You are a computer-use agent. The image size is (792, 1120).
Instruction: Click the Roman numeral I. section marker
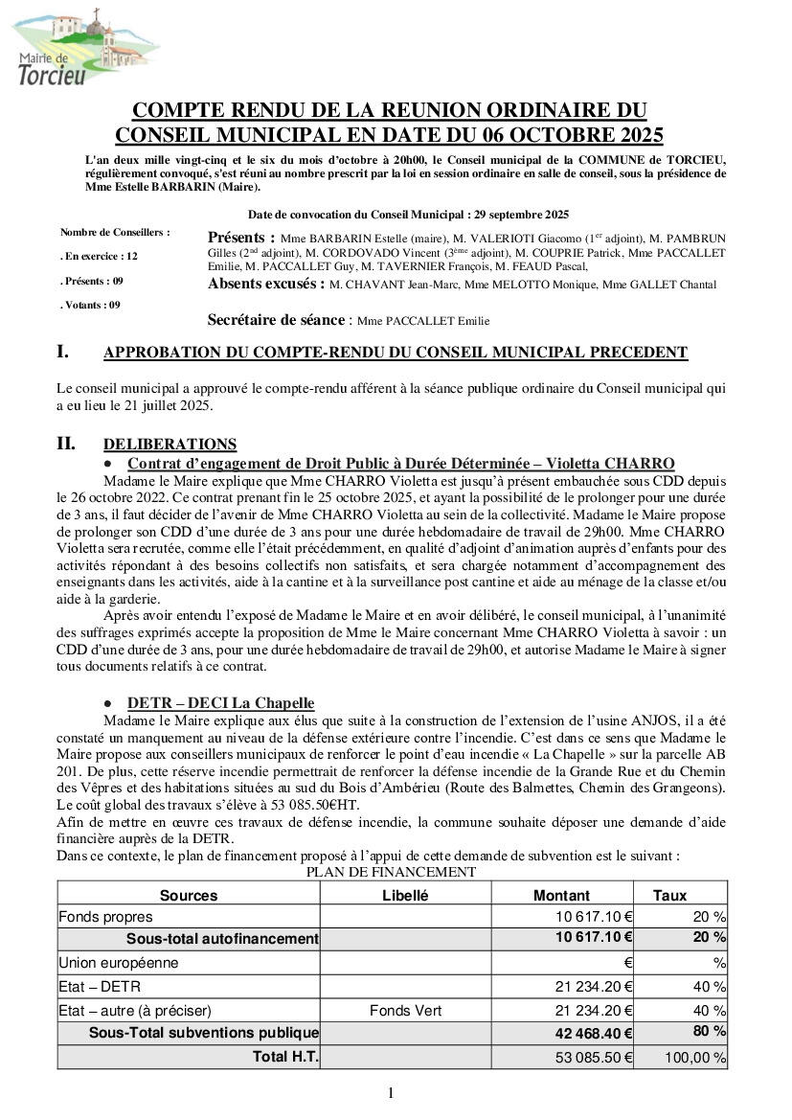pos(64,352)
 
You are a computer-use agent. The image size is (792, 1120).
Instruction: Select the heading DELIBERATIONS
pos(170,444)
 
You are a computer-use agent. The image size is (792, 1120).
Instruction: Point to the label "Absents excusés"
pos(262,285)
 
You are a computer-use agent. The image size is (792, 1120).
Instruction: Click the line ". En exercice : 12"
pos(100,257)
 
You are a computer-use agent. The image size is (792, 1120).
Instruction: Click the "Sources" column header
pos(189,895)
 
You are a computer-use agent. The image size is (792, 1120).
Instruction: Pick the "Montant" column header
pos(561,895)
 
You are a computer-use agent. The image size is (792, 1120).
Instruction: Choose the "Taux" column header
pos(669,895)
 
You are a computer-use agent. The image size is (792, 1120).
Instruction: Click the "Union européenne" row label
pos(119,962)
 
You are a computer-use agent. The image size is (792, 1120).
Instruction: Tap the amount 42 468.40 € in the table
pos(595,1034)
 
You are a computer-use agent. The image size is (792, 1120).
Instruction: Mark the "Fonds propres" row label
pos(105,917)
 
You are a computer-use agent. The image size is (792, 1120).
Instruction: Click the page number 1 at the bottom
pos(391,1093)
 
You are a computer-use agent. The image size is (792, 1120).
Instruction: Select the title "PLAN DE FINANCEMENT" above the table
pos(391,872)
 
